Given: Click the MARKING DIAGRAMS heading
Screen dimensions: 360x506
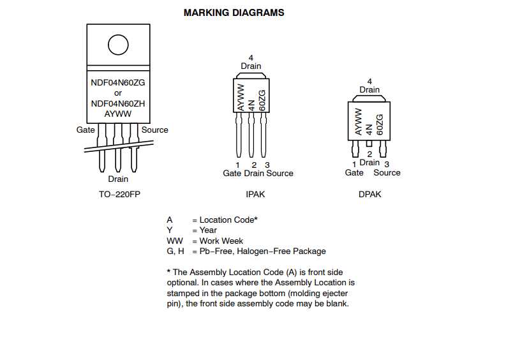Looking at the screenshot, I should (x=234, y=13).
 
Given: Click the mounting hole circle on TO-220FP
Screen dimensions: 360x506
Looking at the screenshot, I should (x=118, y=45).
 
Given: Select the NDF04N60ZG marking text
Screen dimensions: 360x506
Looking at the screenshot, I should (x=118, y=82).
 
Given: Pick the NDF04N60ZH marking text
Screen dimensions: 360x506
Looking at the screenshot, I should (x=118, y=103).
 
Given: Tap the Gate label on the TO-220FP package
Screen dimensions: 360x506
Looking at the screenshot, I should (x=86, y=130).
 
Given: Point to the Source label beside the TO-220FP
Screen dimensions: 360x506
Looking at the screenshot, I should (x=155, y=130).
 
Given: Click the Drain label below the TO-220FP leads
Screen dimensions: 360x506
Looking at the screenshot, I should (x=118, y=179).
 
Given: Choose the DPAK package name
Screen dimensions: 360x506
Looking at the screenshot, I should (x=369, y=194).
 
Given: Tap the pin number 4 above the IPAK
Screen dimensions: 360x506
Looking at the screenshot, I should (x=251, y=58).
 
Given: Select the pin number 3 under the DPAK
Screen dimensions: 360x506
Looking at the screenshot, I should (x=387, y=164).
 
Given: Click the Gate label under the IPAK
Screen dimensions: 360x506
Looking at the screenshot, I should (x=232, y=173).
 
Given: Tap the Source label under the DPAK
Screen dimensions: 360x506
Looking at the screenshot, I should (x=387, y=172).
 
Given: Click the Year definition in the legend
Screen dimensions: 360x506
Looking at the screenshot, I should (x=207, y=230).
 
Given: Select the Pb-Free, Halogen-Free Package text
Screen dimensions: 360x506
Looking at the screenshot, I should (x=262, y=251).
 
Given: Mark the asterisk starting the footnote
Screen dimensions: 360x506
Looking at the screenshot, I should (x=168, y=271).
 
